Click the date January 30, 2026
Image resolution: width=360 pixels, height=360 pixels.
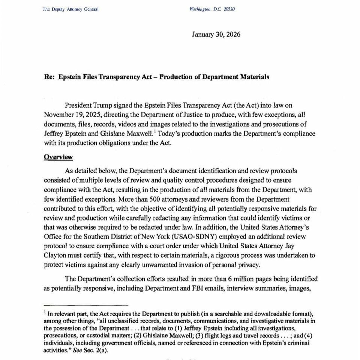[216, 34]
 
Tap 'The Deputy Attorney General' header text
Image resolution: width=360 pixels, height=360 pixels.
[70, 9]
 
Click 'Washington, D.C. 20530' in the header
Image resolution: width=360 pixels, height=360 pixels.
[212, 9]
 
